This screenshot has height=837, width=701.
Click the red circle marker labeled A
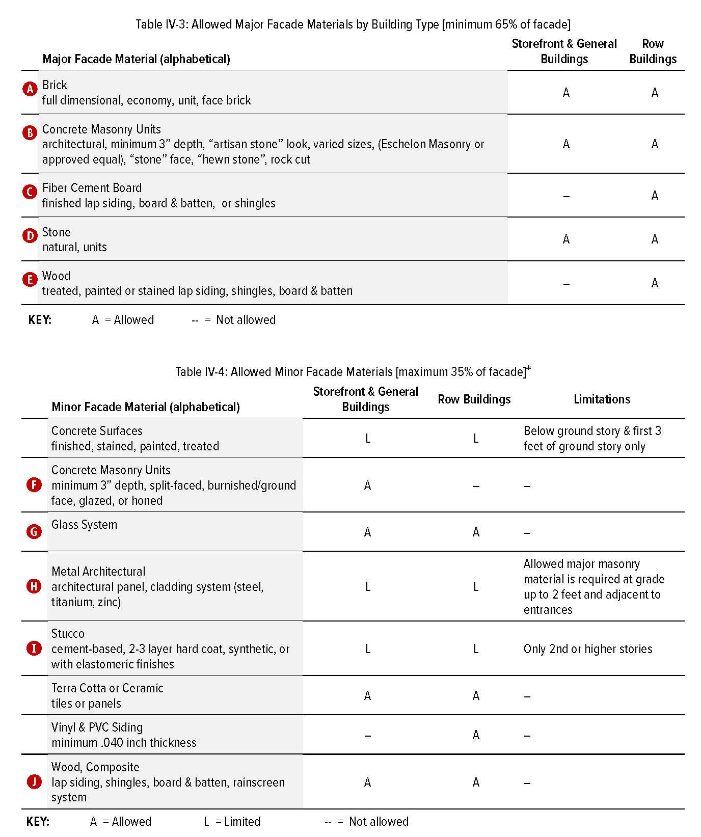tap(30, 89)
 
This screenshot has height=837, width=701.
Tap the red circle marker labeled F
tap(34, 484)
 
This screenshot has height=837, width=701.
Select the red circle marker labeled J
tap(34, 781)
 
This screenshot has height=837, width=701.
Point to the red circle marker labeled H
tap(34, 586)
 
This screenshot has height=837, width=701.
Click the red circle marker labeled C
tap(30, 192)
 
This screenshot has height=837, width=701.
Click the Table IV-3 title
tap(353, 24)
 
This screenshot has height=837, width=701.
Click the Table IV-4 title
tap(353, 372)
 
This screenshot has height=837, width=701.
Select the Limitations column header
tap(602, 399)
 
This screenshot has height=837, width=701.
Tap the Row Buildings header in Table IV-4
tap(474, 399)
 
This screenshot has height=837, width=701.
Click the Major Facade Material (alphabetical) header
tap(136, 59)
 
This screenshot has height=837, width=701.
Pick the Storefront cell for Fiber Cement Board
tap(566, 196)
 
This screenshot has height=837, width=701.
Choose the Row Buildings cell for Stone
tap(655, 239)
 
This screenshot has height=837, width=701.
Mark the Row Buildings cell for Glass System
tap(476, 532)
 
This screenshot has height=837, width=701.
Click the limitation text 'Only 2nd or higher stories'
tap(587, 649)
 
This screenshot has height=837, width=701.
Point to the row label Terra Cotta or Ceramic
tap(107, 688)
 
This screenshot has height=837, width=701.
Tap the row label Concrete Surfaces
tap(97, 431)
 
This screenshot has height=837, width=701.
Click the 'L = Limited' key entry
tap(232, 822)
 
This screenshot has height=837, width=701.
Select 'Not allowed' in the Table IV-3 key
tap(246, 320)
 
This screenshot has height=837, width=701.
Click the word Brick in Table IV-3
tap(55, 85)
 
